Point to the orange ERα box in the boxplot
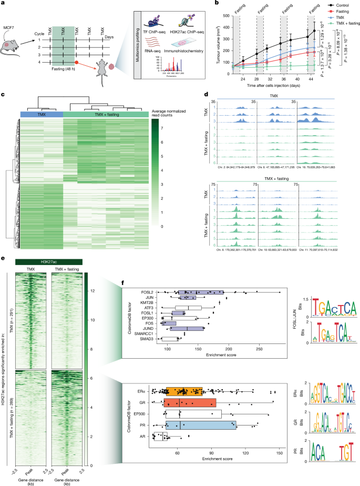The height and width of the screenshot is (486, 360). tap(184, 391)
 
